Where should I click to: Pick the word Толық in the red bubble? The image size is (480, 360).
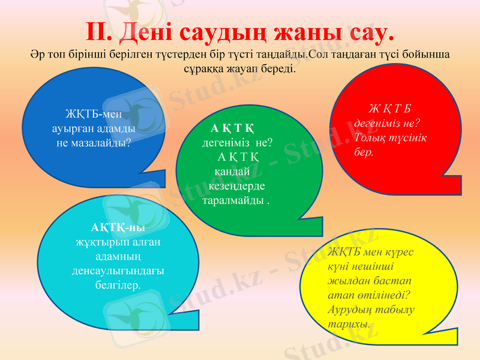[369, 137]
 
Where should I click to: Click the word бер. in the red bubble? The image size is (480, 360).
[364, 152]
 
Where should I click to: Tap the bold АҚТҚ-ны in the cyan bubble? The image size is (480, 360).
[118, 228]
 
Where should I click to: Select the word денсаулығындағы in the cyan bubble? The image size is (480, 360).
[118, 271]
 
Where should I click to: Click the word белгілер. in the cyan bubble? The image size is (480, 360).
[118, 285]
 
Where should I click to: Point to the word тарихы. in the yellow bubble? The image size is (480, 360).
[348, 324]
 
